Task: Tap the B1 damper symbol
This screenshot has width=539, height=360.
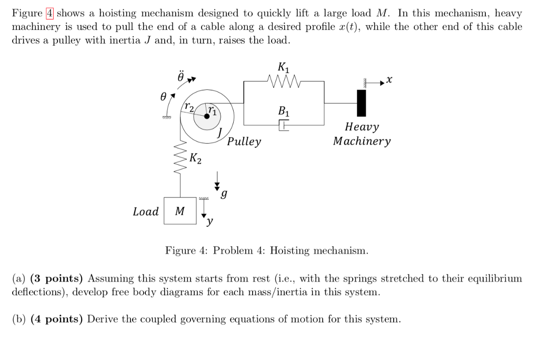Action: pos(284,125)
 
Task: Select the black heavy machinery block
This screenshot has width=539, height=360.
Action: pos(361,103)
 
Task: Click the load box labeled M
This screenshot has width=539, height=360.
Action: pos(180,211)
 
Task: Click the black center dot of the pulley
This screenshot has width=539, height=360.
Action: pos(207,117)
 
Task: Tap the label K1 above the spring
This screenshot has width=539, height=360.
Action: pos(283,67)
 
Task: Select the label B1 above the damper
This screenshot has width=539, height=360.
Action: pos(283,111)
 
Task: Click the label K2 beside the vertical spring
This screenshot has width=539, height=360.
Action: pos(195,157)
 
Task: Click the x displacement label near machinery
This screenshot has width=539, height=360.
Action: pos(389,80)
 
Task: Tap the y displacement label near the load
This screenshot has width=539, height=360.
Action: pos(209,222)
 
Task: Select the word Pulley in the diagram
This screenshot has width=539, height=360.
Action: pos(244,142)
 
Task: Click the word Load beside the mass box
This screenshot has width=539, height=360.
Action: pos(146,212)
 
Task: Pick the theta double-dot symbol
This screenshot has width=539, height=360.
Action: pos(181,77)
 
